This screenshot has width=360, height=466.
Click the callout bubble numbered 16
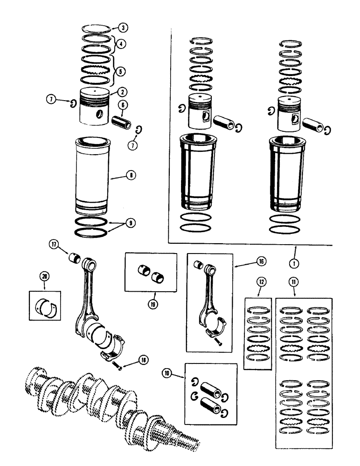260,262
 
